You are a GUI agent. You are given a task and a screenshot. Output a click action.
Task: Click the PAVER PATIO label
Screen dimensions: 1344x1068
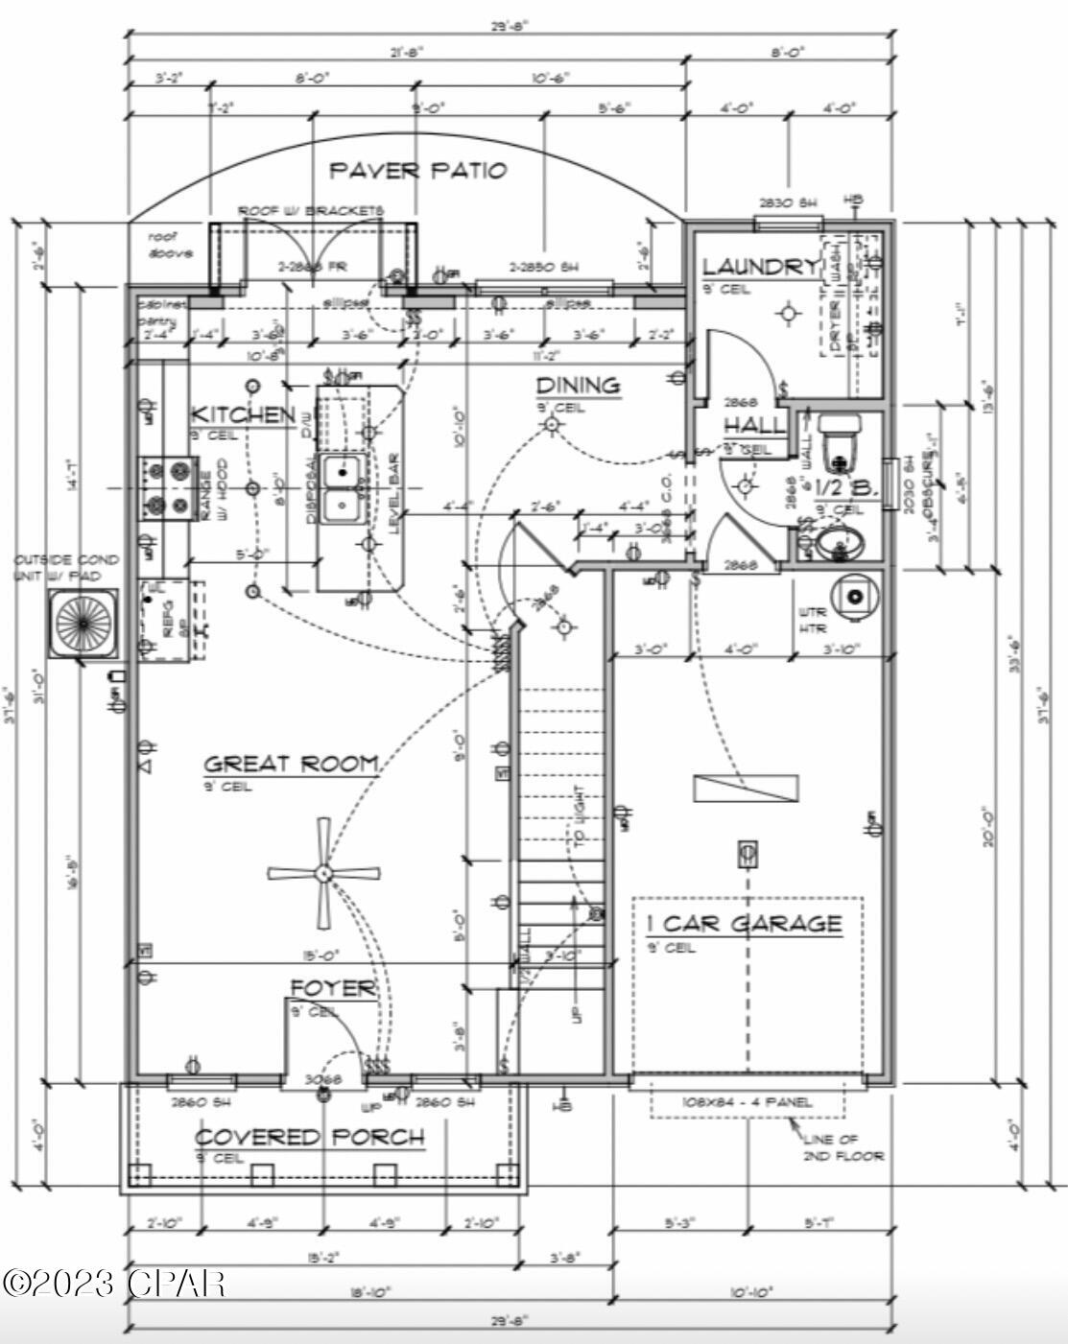(417, 171)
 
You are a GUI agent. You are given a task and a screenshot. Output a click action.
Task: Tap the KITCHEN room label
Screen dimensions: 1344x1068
(243, 415)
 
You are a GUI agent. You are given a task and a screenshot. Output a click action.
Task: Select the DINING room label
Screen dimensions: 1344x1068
(577, 386)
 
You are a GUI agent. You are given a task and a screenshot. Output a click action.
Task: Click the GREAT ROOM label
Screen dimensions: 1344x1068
(291, 764)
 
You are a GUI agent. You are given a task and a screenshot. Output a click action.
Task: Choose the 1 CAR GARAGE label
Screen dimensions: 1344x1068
(744, 924)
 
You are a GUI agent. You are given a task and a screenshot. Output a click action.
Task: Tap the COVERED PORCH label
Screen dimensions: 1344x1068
(309, 1138)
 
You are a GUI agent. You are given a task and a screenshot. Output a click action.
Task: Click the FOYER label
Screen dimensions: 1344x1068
(333, 988)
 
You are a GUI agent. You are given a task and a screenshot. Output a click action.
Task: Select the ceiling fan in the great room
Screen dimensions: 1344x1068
(323, 874)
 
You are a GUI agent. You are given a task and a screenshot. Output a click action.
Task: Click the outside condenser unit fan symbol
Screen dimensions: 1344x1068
(84, 624)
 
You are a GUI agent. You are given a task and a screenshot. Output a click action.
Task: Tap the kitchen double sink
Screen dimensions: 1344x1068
(341, 489)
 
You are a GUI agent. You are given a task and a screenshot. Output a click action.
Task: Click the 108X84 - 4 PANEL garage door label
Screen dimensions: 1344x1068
(747, 1101)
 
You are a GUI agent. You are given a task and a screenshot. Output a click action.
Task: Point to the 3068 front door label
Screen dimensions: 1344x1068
(322, 1079)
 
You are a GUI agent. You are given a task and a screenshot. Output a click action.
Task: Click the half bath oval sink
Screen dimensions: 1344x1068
(840, 545)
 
